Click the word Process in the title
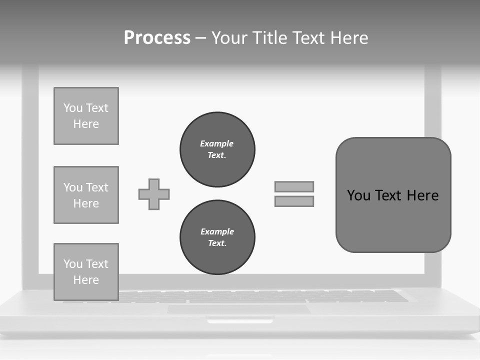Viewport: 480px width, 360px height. (x=157, y=38)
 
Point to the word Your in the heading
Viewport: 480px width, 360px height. (x=228, y=38)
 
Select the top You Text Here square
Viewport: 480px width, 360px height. (x=86, y=116)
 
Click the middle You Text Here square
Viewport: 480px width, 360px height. (x=86, y=195)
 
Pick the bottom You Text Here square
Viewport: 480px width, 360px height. (x=86, y=271)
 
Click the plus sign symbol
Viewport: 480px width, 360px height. (x=154, y=194)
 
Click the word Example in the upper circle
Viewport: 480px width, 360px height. (x=216, y=143)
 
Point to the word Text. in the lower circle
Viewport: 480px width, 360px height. (x=217, y=243)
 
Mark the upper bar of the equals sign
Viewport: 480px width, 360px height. (x=294, y=186)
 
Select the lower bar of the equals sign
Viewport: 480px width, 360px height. (x=294, y=201)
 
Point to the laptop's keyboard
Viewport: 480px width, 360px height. (x=300, y=296)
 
